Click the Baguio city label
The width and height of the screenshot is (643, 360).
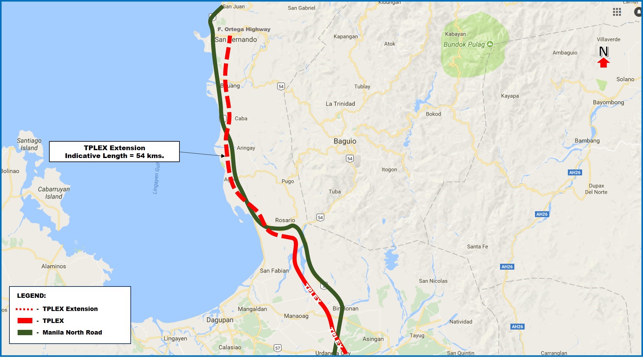345,141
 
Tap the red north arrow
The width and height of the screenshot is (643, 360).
603,63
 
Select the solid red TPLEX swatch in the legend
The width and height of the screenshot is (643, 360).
25,321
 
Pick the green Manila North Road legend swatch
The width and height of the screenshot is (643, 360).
25,332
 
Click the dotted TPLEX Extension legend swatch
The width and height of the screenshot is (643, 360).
25,309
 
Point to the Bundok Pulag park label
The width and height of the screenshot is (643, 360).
464,45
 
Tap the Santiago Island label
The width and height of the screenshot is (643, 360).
29,144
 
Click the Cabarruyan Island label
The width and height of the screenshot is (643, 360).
54,193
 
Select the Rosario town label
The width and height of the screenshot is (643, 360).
285,220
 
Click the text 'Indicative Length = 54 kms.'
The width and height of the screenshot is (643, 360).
114,156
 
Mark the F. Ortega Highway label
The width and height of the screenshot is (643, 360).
244,29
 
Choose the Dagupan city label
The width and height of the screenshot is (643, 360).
220,320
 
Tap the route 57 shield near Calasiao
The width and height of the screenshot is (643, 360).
278,348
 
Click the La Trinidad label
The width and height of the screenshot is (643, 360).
340,104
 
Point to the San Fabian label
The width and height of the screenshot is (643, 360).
274,271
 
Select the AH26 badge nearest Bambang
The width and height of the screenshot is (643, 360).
575,172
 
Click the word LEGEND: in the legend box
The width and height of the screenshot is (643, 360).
31,296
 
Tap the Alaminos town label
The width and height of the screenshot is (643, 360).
53,266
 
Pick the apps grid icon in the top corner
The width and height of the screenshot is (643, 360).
617,12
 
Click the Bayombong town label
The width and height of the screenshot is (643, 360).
608,102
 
